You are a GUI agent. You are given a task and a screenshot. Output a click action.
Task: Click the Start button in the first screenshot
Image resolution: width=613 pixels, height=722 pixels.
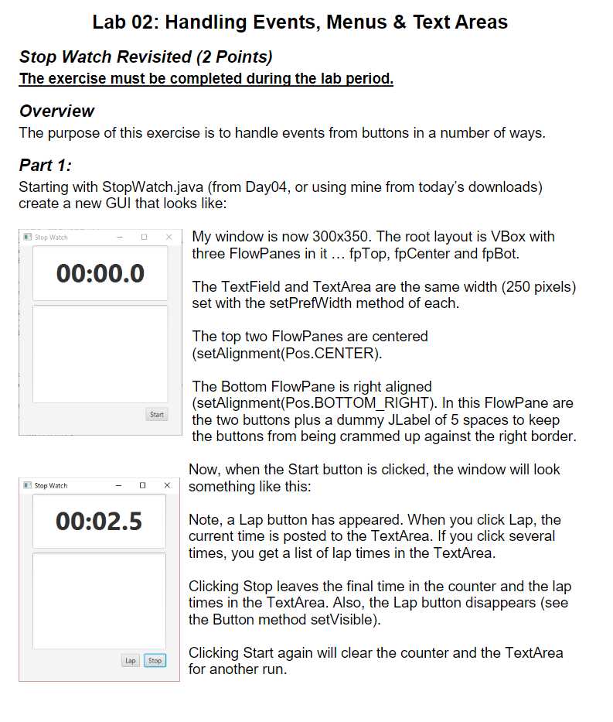pyautogui.click(x=157, y=415)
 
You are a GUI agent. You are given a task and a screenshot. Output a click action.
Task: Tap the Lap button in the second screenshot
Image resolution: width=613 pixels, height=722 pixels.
pyautogui.click(x=131, y=660)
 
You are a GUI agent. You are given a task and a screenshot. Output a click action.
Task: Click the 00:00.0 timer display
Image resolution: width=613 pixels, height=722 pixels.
pyautogui.click(x=100, y=274)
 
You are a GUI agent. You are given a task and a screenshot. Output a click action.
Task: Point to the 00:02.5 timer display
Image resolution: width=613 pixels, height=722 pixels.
pyautogui.click(x=99, y=521)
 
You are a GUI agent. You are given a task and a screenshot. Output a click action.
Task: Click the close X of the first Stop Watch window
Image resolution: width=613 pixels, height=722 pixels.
pyautogui.click(x=169, y=237)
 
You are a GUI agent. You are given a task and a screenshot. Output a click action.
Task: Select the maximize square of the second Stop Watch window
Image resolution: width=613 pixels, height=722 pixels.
pyautogui.click(x=143, y=485)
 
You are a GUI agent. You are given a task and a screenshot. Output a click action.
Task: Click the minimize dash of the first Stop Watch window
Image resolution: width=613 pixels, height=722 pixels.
pyautogui.click(x=120, y=237)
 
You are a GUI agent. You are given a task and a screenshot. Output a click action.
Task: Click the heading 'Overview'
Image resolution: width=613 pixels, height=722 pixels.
pyautogui.click(x=56, y=111)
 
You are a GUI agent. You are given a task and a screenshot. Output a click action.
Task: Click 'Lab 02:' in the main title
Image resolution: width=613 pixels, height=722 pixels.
pyautogui.click(x=125, y=22)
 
